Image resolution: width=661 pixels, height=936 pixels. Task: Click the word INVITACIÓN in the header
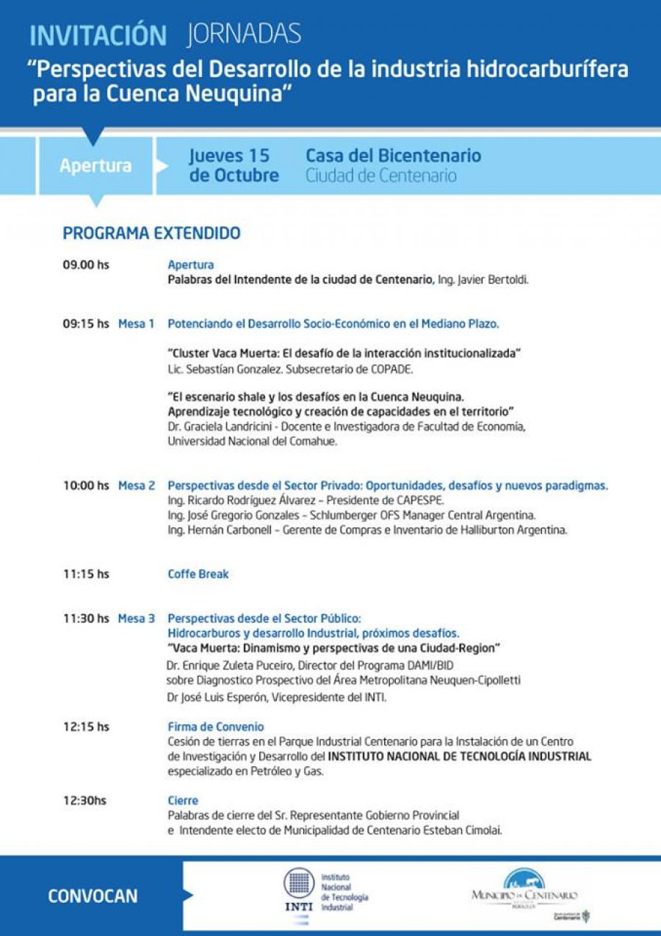pyautogui.click(x=98, y=35)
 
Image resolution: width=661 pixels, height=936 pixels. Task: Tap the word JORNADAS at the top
pyautogui.click(x=244, y=34)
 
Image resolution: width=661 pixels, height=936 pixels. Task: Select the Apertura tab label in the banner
pyautogui.click(x=95, y=165)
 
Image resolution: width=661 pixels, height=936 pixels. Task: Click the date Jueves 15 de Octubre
pyautogui.click(x=234, y=166)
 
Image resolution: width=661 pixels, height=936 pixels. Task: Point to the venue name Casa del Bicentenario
pyautogui.click(x=393, y=156)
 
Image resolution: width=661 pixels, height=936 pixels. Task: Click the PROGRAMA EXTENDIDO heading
pyautogui.click(x=151, y=234)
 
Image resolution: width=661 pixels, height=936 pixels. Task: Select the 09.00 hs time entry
pyautogui.click(x=85, y=265)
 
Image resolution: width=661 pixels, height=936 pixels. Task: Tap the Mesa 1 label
pyautogui.click(x=137, y=323)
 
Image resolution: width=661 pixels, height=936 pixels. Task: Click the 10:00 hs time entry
pyautogui.click(x=85, y=486)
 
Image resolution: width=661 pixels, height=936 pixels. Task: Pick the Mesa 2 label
pyautogui.click(x=137, y=486)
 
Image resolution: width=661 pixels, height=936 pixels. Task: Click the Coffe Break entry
pyautogui.click(x=198, y=575)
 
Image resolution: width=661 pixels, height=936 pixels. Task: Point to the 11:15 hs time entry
pyautogui.click(x=85, y=575)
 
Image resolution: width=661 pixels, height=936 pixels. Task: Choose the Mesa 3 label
pyautogui.click(x=137, y=619)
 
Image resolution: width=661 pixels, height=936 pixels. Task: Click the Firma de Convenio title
pyautogui.click(x=216, y=727)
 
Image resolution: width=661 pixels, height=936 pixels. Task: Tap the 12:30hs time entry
pyautogui.click(x=84, y=801)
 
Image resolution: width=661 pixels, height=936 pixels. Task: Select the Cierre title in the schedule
pyautogui.click(x=183, y=801)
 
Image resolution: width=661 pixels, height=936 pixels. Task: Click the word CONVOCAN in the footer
pyautogui.click(x=93, y=896)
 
